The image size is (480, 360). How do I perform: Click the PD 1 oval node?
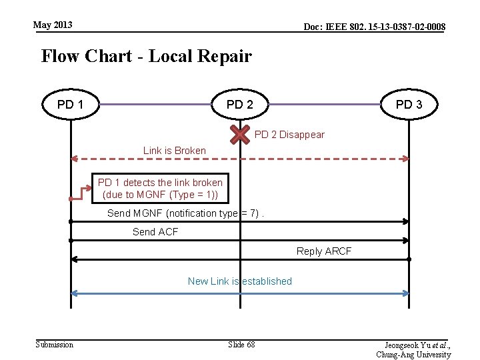70,105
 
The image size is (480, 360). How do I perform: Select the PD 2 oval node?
239,105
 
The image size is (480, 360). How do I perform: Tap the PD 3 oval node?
409,105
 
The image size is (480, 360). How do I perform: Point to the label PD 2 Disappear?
289,135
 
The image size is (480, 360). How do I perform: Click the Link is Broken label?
175,150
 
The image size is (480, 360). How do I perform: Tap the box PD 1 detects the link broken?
160,189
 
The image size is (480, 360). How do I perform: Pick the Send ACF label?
155,232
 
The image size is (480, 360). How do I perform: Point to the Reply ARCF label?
324,251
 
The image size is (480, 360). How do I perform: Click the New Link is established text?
240,281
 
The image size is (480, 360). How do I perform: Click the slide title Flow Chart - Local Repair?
146,56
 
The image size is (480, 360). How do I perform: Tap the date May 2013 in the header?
53,25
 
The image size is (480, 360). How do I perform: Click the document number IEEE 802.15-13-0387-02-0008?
374,27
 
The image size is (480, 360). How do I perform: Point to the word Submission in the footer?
55,344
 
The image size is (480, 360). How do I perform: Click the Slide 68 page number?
241,344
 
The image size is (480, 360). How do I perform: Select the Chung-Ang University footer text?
413,355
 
